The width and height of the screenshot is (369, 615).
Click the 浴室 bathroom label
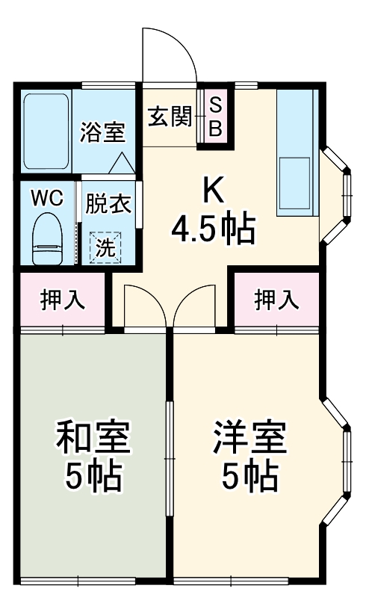pyautogui.click(x=102, y=133)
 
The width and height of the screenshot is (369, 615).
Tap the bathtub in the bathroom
pyautogui.click(x=46, y=131)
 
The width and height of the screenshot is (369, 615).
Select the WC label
pyautogui.click(x=46, y=199)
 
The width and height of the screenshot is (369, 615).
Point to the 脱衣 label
pyautogui.click(x=107, y=203)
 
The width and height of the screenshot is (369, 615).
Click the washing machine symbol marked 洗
pyautogui.click(x=108, y=247)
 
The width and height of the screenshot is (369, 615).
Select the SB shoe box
pyautogui.click(x=215, y=117)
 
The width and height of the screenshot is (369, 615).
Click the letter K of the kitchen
pyautogui.click(x=213, y=191)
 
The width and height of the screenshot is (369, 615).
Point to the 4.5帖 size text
pyautogui.click(x=213, y=229)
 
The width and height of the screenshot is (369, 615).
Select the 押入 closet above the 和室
pyautogui.click(x=63, y=300)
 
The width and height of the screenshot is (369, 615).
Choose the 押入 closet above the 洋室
pyautogui.click(x=277, y=300)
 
